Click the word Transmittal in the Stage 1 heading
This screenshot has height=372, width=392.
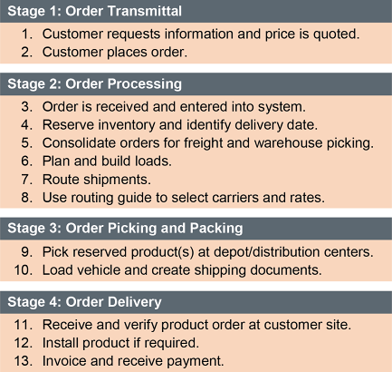[x=145, y=11]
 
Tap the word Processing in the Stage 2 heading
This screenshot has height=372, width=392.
[x=145, y=83]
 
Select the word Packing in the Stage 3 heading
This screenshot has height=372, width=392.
[x=216, y=228]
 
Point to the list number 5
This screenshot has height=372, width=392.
[x=26, y=143]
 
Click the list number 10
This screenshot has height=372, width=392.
[x=24, y=270]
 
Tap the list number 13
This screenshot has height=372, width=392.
[x=24, y=361]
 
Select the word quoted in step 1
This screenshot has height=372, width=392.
[x=336, y=34]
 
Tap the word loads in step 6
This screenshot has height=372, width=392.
[x=153, y=162]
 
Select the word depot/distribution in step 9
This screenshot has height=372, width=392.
[x=264, y=252]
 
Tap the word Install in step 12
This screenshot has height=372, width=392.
[x=61, y=343]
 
